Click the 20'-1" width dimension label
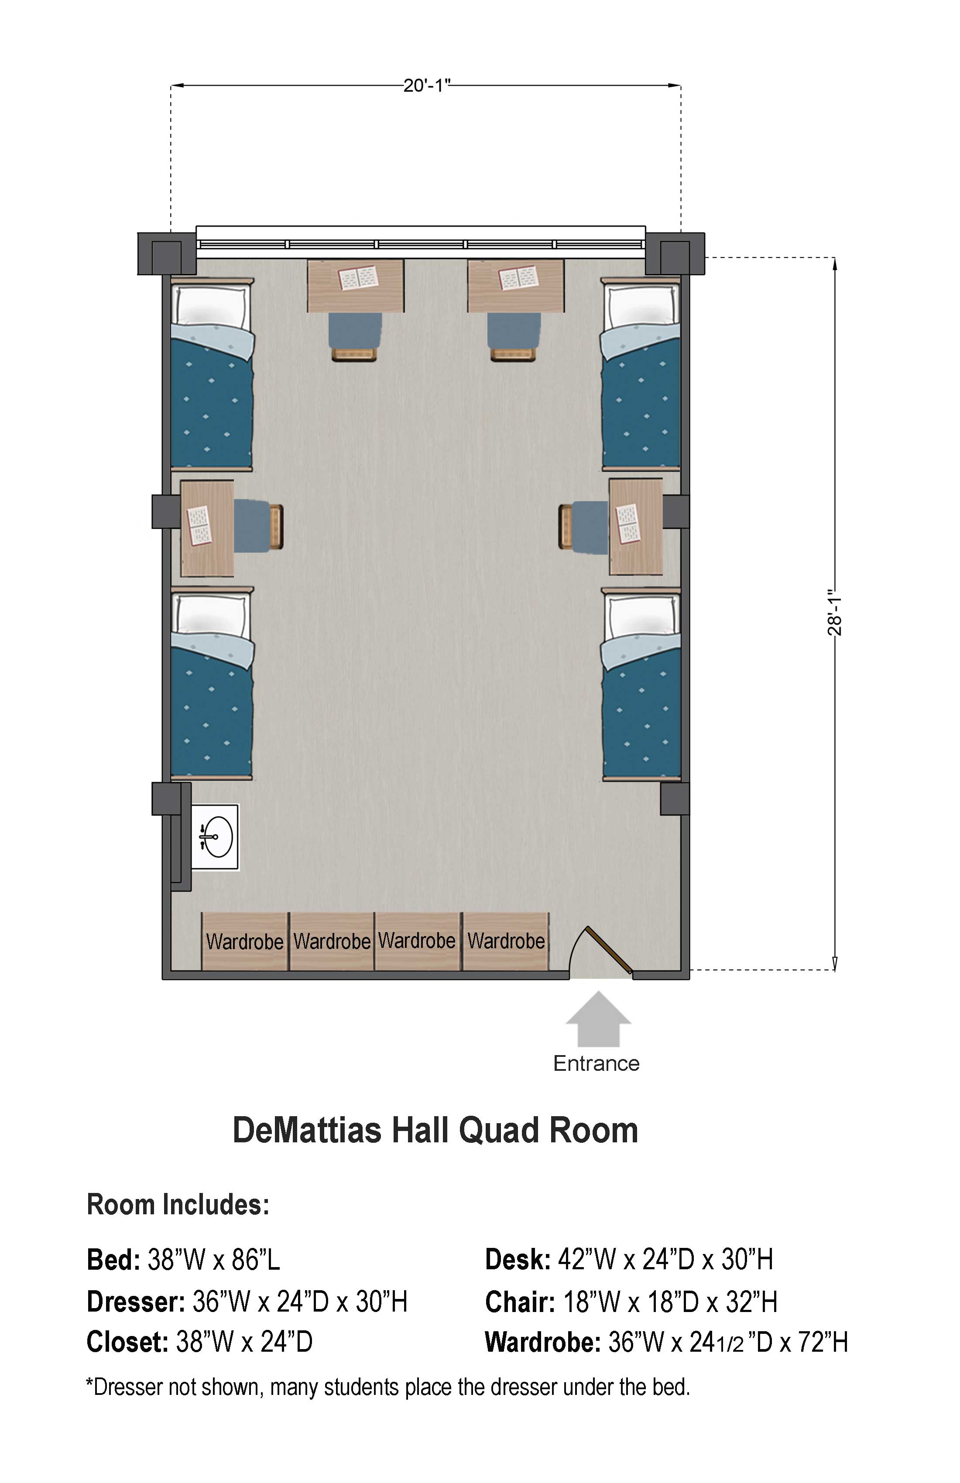click(426, 85)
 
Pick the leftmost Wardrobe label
click(244, 942)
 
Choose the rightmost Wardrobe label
click(506, 941)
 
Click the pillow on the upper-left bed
click(211, 307)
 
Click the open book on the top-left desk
click(358, 277)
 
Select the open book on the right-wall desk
click(628, 523)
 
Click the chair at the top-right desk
click(514, 336)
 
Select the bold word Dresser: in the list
click(136, 1302)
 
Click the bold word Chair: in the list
click(520, 1302)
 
